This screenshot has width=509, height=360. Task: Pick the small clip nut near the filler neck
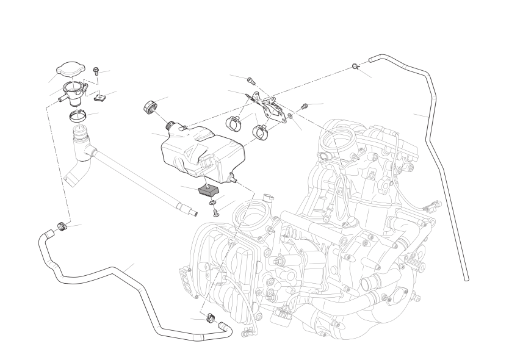click(103, 95)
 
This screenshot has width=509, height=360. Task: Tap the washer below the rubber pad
click(212, 201)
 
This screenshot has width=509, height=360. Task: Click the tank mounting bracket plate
click(269, 106)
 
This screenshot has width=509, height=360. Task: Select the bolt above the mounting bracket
click(250, 79)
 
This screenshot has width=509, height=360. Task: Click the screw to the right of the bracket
click(303, 106)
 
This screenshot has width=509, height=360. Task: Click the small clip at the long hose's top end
click(356, 66)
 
